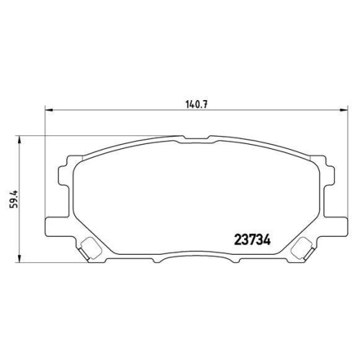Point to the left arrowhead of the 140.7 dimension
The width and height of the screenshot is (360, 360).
pos(48,109)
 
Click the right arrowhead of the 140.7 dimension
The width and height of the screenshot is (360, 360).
pos(341,109)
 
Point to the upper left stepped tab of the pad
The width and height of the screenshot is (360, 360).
pos(64,169)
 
